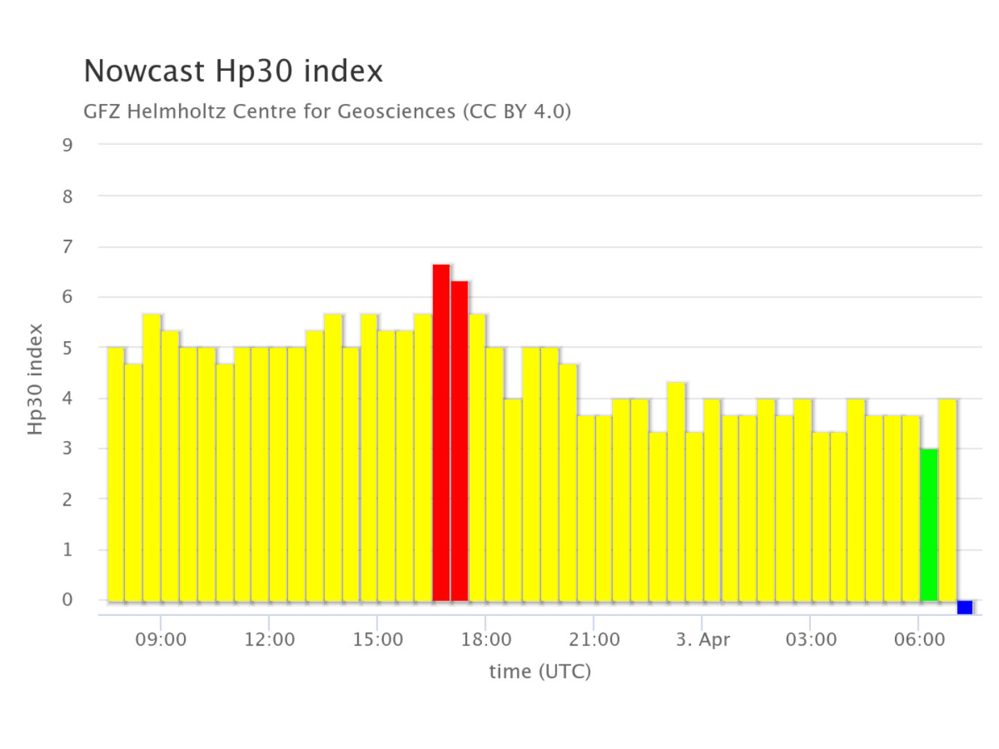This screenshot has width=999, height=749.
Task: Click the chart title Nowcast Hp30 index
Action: click(x=233, y=71)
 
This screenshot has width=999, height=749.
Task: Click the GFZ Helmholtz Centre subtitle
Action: click(x=268, y=111)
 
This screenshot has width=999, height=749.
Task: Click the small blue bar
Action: click(x=964, y=607)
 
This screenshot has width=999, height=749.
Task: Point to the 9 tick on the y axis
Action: click(x=67, y=145)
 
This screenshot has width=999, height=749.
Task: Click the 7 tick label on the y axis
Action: click(x=67, y=246)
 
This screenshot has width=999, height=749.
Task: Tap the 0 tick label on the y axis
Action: click(x=67, y=600)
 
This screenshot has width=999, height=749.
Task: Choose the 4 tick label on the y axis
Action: click(x=67, y=398)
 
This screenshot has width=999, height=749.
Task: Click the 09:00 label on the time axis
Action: click(x=161, y=639)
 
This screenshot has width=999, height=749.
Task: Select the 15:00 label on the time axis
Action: click(x=377, y=639)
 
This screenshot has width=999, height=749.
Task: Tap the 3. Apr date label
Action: click(x=703, y=639)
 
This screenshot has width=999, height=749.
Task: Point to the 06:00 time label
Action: click(x=919, y=639)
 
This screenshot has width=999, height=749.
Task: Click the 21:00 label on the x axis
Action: click(x=595, y=639)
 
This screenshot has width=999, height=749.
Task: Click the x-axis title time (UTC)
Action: click(x=540, y=671)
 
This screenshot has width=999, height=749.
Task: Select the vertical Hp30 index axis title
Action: click(x=35, y=379)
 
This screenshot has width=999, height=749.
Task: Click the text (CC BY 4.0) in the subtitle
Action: click(x=517, y=111)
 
